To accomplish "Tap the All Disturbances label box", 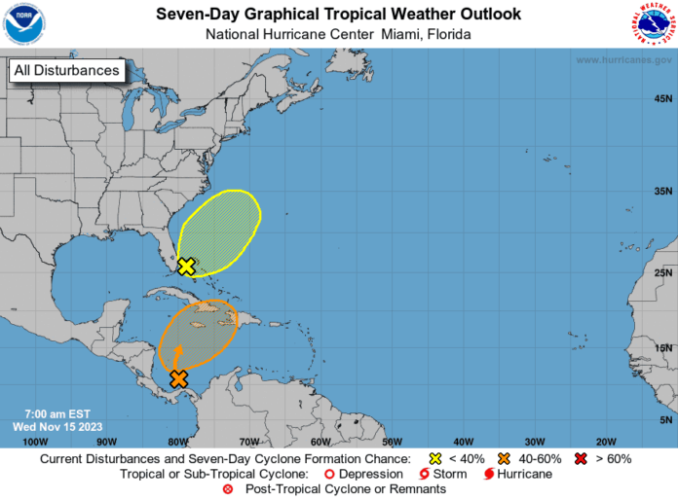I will [67, 70].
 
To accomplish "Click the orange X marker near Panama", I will [178, 379].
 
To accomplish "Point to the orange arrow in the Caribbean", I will [178, 356].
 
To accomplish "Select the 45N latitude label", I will [662, 98].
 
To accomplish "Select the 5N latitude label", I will [665, 419].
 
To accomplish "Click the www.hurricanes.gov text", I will [623, 59].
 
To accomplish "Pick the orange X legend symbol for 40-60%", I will [504, 458].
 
